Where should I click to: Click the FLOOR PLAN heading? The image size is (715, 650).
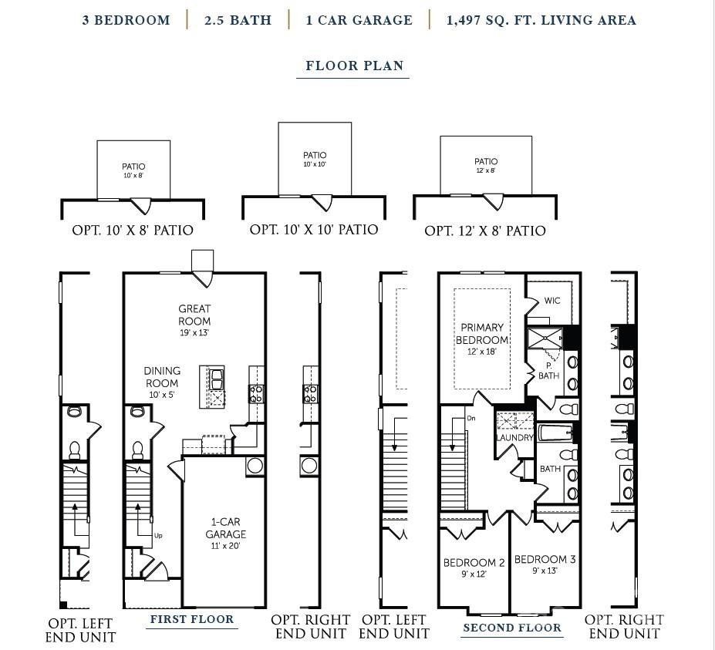pos(354,66)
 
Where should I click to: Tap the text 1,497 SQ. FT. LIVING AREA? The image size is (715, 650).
pos(541,20)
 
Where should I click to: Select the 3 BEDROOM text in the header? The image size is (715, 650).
pos(126,20)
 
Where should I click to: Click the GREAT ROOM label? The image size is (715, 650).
pos(194,315)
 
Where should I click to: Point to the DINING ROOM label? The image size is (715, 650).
pos(162,377)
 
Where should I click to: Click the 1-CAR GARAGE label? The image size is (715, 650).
pos(226,528)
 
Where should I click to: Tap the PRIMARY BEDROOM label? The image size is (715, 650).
pos(482,334)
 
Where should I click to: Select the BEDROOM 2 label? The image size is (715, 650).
pos(474,563)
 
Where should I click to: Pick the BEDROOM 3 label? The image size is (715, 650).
pos(545,560)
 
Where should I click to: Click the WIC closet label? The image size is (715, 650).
pos(552,301)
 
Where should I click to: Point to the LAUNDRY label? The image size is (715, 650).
pos(514,437)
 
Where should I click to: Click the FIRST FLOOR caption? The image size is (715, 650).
pos(191,619)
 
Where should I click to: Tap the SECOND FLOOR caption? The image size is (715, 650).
pos(512,628)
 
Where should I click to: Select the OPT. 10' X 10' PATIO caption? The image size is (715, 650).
pos(314,230)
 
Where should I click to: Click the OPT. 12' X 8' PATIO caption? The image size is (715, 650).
pos(485,231)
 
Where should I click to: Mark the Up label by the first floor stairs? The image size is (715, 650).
pos(158,535)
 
